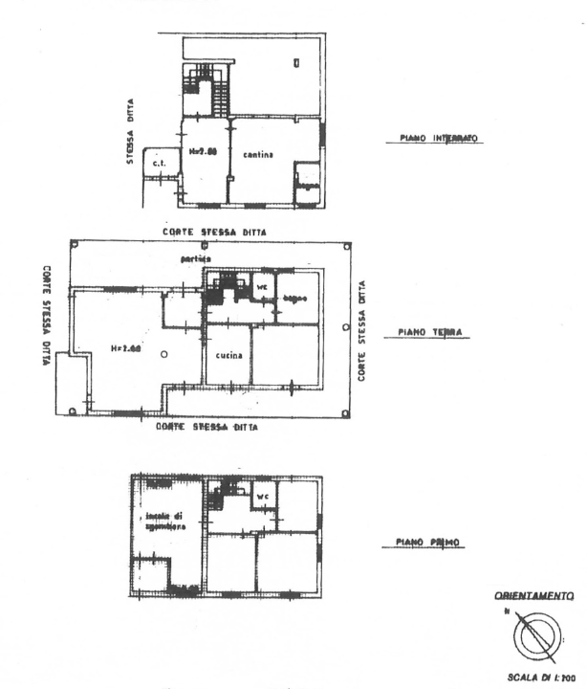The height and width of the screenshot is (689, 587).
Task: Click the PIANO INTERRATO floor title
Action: pyautogui.click(x=435, y=138)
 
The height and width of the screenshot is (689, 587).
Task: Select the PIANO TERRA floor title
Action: pyautogui.click(x=429, y=333)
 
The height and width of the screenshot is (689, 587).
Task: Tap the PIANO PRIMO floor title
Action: pyautogui.click(x=428, y=543)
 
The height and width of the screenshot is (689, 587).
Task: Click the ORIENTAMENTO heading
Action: pyautogui.click(x=533, y=595)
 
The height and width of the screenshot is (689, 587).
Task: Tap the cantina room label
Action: pyautogui.click(x=258, y=154)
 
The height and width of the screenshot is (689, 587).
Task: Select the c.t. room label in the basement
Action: pyautogui.click(x=159, y=164)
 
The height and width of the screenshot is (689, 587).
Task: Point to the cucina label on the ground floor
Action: pyautogui.click(x=228, y=355)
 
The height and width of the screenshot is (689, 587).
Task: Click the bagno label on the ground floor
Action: pyautogui.click(x=293, y=300)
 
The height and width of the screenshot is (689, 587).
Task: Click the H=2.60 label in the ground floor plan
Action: pyautogui.click(x=124, y=348)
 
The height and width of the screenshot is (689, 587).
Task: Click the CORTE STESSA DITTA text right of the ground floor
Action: pyautogui.click(x=361, y=330)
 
